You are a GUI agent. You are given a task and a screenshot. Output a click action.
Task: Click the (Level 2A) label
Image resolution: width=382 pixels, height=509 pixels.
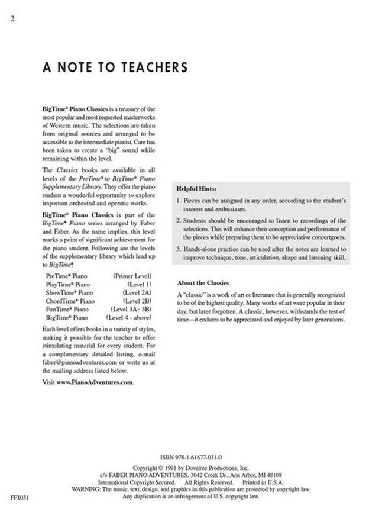pos(137,292)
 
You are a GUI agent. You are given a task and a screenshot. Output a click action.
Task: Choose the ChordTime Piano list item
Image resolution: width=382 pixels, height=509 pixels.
pos(67,301)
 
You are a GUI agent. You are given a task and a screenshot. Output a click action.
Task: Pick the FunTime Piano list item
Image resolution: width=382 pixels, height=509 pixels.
pos(65,309)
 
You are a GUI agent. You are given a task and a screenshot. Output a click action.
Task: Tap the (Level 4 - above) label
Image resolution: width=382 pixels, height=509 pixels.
pos(128,317)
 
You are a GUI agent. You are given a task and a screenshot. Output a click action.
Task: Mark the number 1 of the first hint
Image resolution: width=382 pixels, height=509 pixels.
pos(179,201)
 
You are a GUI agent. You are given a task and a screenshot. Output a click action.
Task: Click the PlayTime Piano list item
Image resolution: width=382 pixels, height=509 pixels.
pos(66,284)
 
